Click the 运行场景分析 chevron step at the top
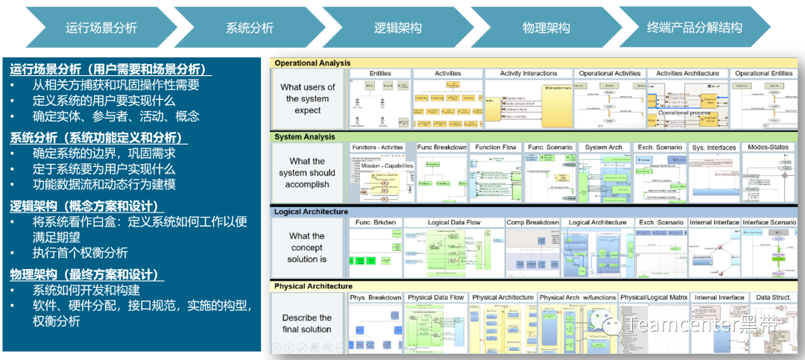101,28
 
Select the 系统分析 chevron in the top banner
250,28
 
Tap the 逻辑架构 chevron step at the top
397,28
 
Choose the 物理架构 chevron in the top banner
546,28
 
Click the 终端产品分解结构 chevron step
694,28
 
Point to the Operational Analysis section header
312,63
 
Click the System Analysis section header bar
305,137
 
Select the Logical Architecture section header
311,212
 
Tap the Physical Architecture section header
313,286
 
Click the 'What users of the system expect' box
307,98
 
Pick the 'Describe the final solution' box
307,323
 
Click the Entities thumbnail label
380,74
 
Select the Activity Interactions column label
528,74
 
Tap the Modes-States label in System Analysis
767,148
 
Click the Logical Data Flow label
454,222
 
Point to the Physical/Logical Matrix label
653,297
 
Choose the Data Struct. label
773,297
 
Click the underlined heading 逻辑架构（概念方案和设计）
86,206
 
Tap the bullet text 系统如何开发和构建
86,291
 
